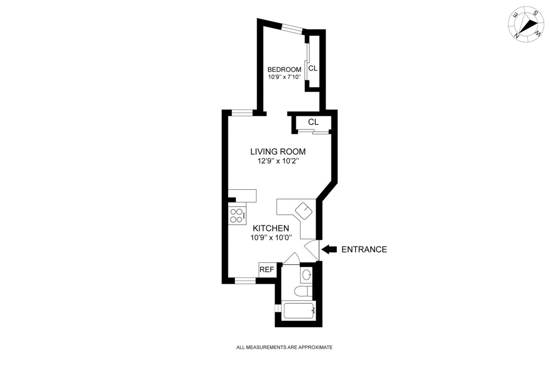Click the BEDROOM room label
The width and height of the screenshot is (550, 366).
[285, 70]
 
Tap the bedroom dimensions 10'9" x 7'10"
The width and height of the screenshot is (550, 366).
[285, 77]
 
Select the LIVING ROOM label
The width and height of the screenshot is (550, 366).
[278, 152]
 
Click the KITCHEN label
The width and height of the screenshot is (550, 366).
[271, 228]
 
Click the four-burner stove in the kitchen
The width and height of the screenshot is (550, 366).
[237, 215]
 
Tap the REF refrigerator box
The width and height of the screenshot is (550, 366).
[267, 270]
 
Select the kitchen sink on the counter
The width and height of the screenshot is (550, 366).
[303, 211]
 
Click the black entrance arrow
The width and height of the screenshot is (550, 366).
[329, 249]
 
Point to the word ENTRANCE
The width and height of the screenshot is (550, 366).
[364, 250]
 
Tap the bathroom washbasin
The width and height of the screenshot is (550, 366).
[307, 275]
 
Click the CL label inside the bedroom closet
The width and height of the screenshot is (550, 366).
[313, 69]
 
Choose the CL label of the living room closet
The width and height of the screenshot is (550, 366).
[313, 122]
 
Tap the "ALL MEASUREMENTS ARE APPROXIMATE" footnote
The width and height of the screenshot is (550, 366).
[284, 348]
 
